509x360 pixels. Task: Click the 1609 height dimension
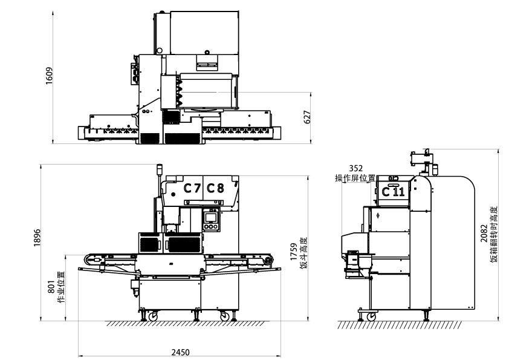point(49,76)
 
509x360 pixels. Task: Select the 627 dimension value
point(307,117)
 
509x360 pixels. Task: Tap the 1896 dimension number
point(37,238)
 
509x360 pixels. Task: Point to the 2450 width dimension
point(181,352)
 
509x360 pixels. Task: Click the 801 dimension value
point(52,287)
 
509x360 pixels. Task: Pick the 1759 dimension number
point(294,252)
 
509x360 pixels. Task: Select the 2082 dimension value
point(484,234)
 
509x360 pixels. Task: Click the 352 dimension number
point(356,168)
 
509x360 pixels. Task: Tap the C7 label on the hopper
point(192,188)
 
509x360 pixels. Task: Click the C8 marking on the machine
point(216,188)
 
